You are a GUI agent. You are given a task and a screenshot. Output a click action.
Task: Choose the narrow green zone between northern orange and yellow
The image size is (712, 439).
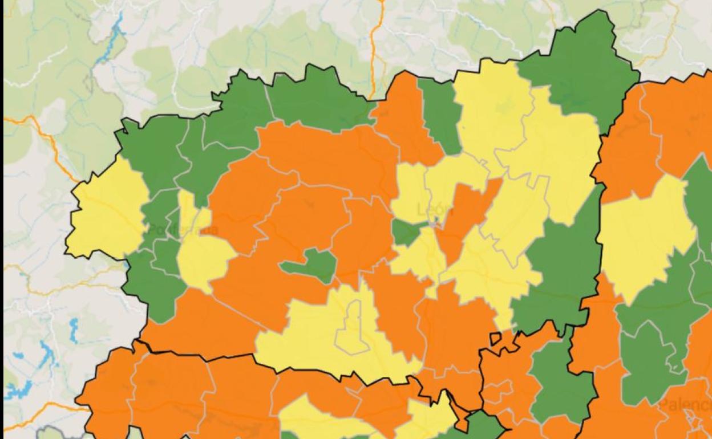(442, 114)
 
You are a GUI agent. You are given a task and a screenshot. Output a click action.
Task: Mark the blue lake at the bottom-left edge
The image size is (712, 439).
(20, 391)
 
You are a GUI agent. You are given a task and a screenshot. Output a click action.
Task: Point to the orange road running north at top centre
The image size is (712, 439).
(373, 46)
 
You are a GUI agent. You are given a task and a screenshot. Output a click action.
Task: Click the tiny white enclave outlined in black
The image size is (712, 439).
(495, 338)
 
